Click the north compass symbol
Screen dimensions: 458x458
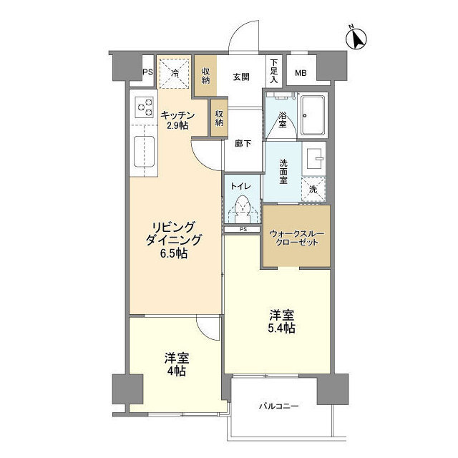(x=357, y=38)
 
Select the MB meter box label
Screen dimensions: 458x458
(x=301, y=72)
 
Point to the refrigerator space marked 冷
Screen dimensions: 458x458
(x=175, y=72)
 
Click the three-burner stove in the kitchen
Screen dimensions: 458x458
(x=144, y=107)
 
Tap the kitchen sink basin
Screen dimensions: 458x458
(x=145, y=151)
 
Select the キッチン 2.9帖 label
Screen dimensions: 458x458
(x=175, y=120)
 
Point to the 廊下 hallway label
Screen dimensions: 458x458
(x=243, y=143)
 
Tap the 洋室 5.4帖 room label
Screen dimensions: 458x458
(x=281, y=321)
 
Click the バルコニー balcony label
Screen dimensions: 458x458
(x=278, y=406)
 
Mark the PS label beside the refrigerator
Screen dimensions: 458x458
(x=147, y=73)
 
